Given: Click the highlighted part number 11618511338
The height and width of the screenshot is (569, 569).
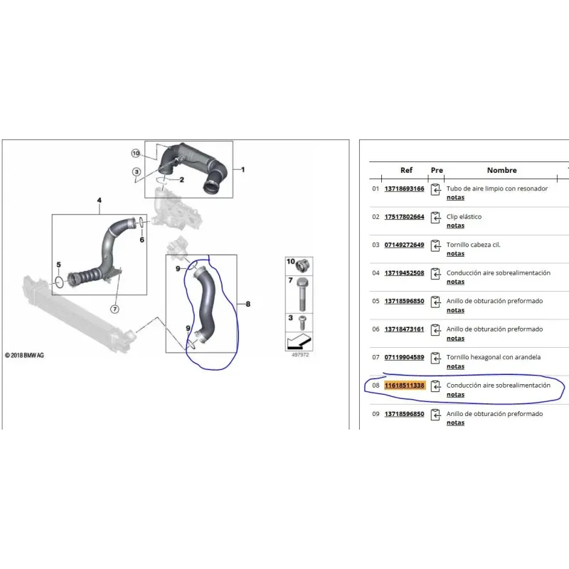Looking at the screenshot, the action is tap(404, 385).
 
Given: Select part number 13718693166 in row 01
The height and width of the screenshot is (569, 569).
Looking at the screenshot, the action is tap(404, 188).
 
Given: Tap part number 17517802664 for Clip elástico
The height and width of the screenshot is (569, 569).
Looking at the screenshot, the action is tap(404, 217).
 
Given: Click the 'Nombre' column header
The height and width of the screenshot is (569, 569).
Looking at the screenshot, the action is tap(502, 170).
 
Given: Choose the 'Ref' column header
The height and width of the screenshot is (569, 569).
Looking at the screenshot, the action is tap(406, 170).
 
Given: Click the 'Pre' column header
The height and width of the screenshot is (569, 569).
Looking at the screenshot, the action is tap(437, 170).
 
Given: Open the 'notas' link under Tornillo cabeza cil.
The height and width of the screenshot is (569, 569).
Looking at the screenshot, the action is tap(455, 254).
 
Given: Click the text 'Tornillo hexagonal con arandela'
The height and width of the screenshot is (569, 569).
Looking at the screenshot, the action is tap(494, 357).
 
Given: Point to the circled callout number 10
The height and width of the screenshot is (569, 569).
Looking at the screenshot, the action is tap(136, 153).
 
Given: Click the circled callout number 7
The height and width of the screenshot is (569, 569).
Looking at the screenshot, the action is tap(115, 309).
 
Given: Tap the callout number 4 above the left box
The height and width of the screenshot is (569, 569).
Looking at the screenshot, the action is tap(100, 201).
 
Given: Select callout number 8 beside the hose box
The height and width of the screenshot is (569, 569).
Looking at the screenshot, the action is tap(248, 304).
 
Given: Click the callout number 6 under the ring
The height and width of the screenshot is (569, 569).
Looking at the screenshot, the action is tap(142, 240).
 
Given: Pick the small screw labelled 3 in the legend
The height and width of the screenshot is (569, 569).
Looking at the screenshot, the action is tap(302, 323).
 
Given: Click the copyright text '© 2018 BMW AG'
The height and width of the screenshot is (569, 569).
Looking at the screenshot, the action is tap(24, 355).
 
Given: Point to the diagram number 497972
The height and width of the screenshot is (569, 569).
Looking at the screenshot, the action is tap(300, 355).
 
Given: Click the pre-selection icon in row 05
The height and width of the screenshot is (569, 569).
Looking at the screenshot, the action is tap(435, 302).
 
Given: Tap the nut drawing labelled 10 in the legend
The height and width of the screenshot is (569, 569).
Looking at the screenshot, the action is tap(303, 265).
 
